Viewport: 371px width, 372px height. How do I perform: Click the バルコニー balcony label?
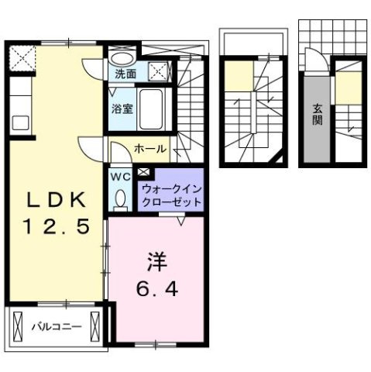tap(57, 327)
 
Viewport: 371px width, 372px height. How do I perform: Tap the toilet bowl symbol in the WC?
tap(119, 199)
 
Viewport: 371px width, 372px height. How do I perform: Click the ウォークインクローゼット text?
tap(171, 195)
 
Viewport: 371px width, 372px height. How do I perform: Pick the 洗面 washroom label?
tap(125, 74)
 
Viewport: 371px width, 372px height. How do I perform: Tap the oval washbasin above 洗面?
tap(120, 57)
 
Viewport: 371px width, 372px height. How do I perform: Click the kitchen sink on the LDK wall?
tap(19, 120)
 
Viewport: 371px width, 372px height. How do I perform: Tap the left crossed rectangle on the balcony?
tap(19, 325)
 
